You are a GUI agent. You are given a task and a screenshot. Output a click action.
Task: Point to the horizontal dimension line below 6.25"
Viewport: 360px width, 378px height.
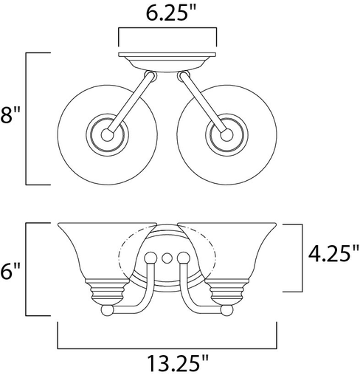pyautogui.click(x=167, y=30)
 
